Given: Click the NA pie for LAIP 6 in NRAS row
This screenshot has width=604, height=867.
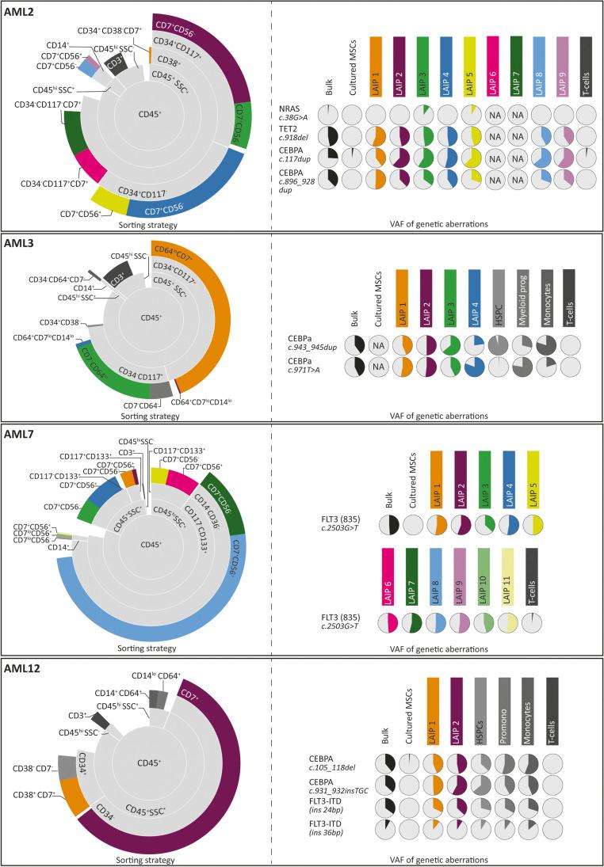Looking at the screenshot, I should [x=495, y=114].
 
